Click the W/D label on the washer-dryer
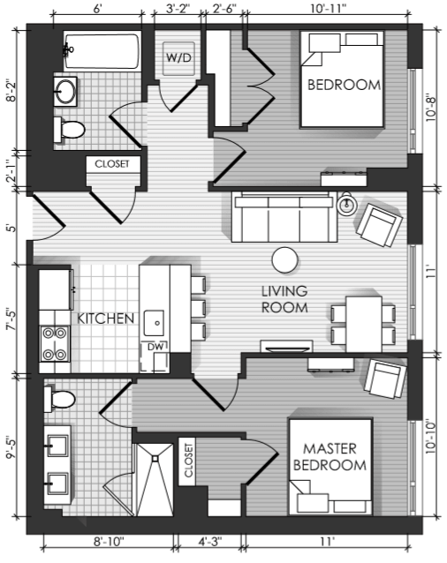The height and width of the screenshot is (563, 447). (178, 57)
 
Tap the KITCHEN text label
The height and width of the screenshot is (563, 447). (106, 319)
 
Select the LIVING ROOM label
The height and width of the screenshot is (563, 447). (284, 299)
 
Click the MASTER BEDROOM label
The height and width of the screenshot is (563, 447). (330, 457)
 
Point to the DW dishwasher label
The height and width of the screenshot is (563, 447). (155, 347)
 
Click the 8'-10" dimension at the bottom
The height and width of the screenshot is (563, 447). (109, 542)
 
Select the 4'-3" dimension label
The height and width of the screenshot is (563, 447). (210, 542)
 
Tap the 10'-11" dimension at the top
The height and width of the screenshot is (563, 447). (329, 8)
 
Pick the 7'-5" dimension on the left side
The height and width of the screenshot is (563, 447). (11, 319)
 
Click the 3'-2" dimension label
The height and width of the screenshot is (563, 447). (178, 8)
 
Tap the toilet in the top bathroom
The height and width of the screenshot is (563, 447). (69, 129)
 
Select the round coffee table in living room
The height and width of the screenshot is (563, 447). (285, 260)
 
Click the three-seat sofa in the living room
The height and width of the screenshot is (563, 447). (284, 217)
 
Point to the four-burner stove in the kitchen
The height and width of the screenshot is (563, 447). (55, 344)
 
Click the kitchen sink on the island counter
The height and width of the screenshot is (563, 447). (154, 323)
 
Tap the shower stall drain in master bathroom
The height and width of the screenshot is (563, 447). (155, 459)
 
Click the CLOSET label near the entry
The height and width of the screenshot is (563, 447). (111, 164)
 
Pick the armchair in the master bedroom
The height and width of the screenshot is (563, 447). (385, 379)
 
